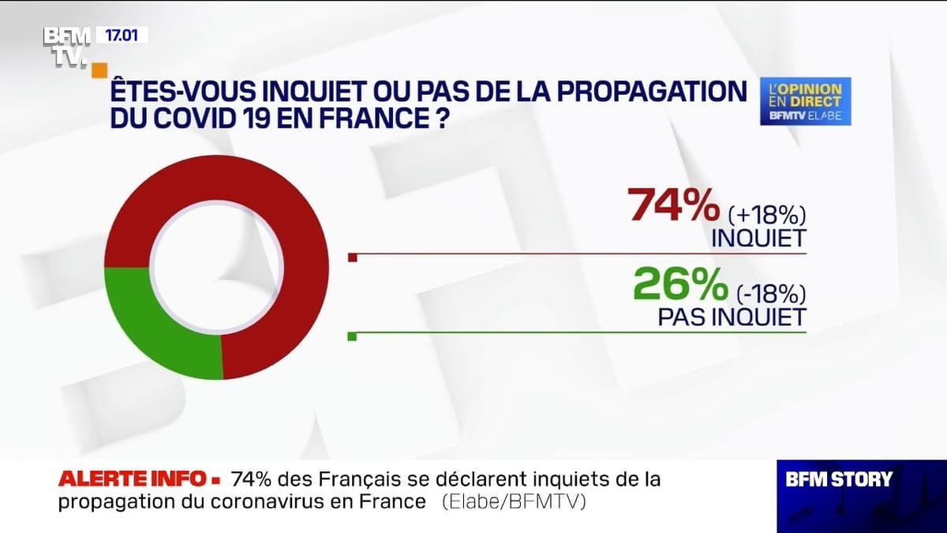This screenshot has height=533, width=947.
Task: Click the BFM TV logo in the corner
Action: point(66,47)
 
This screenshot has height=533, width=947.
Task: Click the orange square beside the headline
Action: point(99,69)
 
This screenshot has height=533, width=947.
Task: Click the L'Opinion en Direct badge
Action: point(805,101)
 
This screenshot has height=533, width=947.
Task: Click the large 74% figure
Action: point(673,208)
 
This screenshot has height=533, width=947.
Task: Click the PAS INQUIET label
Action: point(732,317)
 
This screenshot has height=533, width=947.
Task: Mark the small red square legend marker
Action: point(353,257)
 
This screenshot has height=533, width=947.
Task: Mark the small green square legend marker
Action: point(353,336)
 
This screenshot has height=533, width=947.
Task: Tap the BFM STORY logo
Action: point(839,479)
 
